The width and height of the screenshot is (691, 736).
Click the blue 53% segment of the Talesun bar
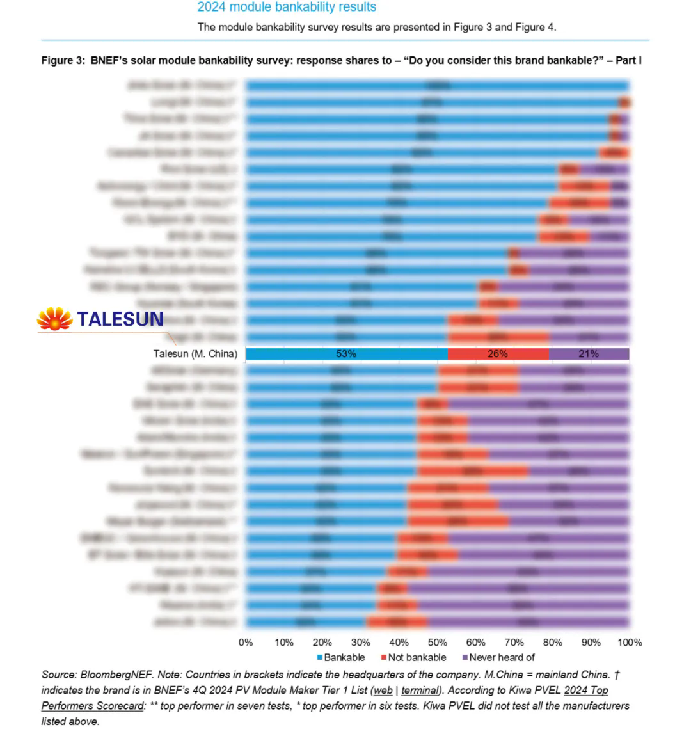point(346,354)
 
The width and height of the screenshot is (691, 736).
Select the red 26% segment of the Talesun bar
point(498,354)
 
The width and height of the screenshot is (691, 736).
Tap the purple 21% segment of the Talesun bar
point(589,354)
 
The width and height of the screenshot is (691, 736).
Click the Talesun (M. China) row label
point(195,354)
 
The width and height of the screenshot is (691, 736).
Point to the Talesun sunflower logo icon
point(54,318)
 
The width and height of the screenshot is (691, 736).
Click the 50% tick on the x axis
point(438,643)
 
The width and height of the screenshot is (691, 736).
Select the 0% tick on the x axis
point(246,643)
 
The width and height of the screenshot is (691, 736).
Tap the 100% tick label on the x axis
point(630,643)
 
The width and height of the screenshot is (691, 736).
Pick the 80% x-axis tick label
point(553,643)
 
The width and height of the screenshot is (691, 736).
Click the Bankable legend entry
point(341,657)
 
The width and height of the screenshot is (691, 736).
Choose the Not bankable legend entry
point(413,657)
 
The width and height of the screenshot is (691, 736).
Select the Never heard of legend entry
point(498,657)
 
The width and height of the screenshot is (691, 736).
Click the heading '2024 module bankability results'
point(287,7)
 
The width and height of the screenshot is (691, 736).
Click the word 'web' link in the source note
point(383,691)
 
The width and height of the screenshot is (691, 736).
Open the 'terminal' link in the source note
point(420,691)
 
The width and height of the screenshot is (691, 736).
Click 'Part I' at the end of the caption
point(629,60)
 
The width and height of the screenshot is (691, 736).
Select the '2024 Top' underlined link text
point(586,691)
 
